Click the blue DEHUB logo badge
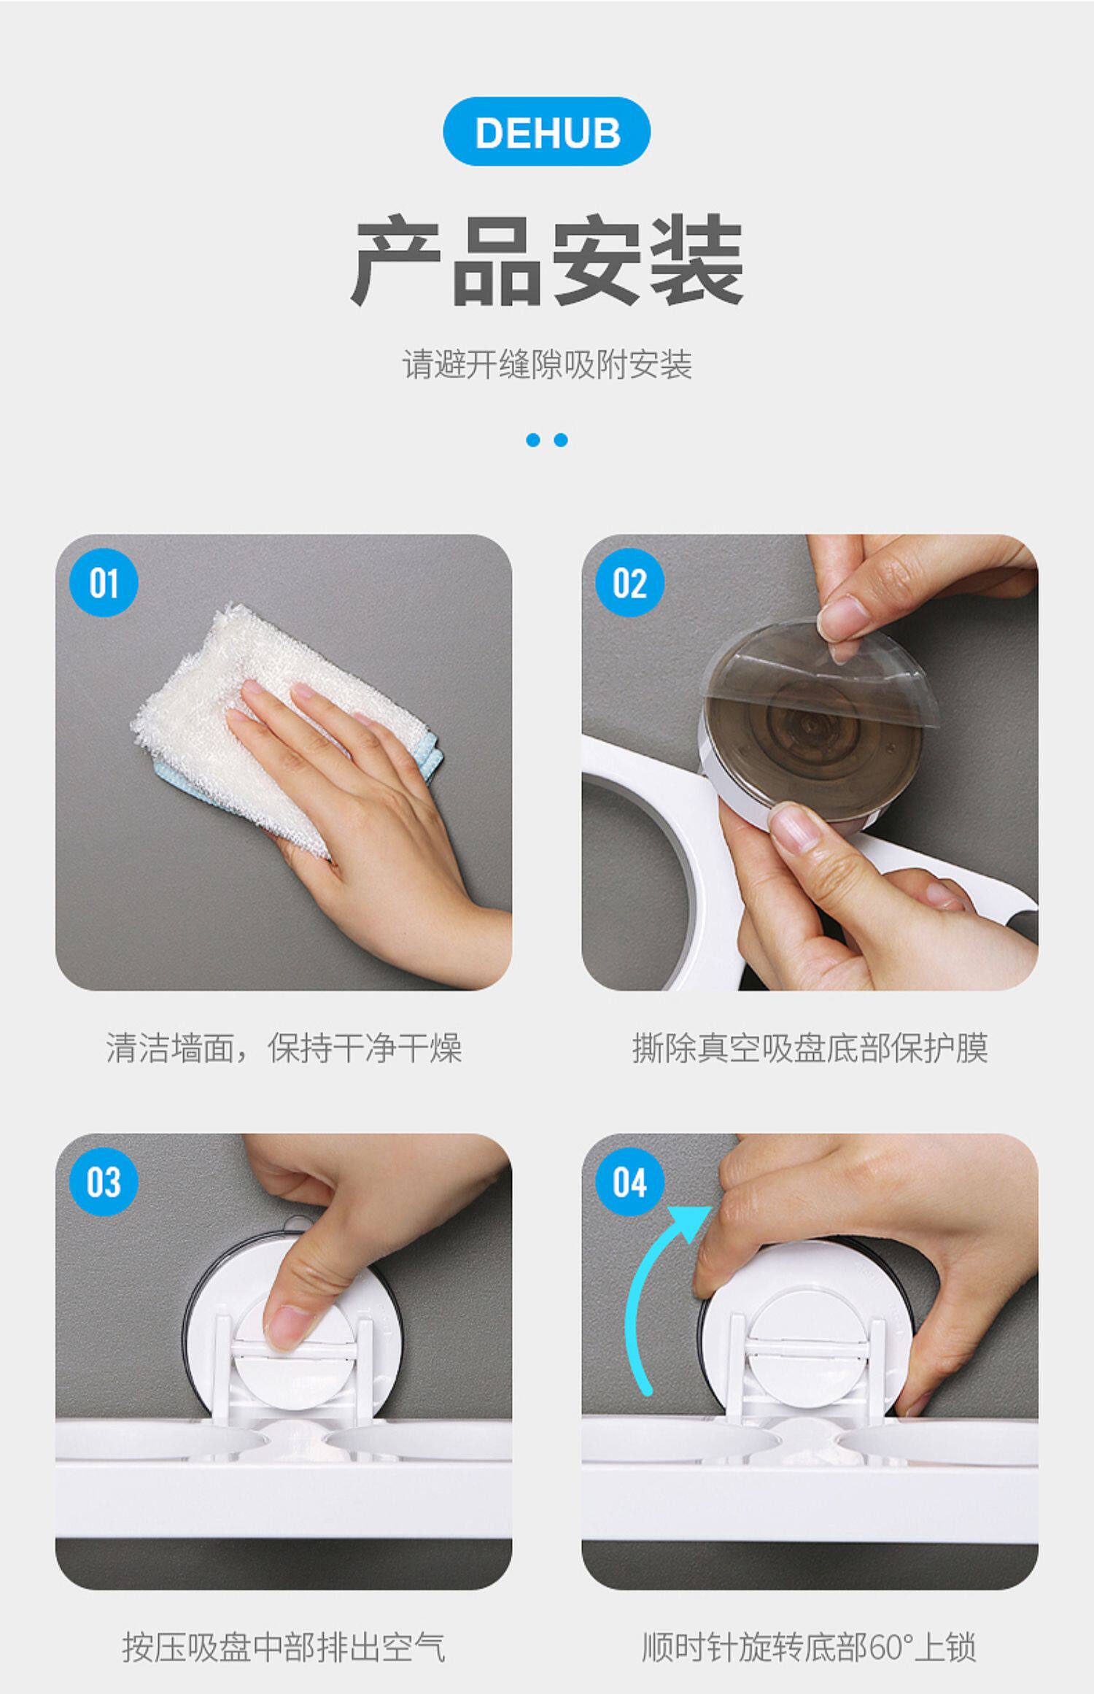click(547, 132)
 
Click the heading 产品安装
click(547, 260)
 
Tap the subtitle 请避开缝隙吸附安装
click(547, 364)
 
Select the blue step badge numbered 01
click(104, 583)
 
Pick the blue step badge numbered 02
click(629, 583)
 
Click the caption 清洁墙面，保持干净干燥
click(284, 1048)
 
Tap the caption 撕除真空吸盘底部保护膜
click(810, 1048)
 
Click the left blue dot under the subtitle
click(533, 440)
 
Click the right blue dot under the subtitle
click(561, 440)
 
